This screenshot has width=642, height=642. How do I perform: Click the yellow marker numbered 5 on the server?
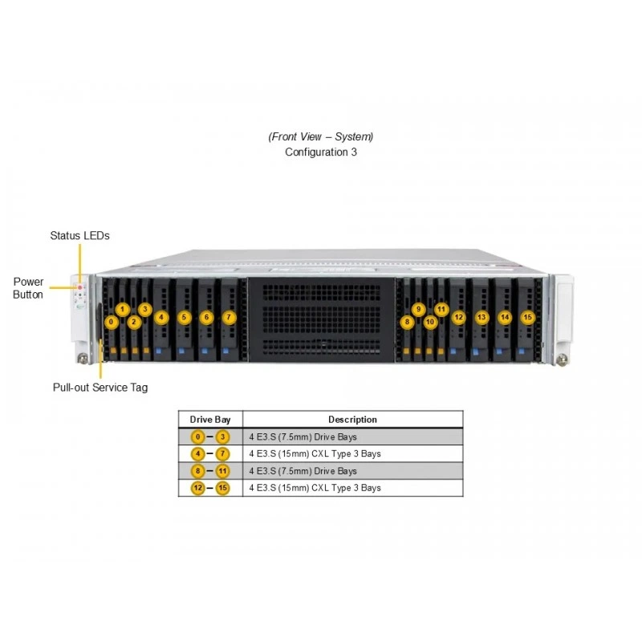pyautogui.click(x=185, y=317)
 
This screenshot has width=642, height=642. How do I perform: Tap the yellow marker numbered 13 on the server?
pyautogui.click(x=482, y=317)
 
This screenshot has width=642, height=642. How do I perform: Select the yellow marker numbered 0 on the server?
pyautogui.click(x=111, y=322)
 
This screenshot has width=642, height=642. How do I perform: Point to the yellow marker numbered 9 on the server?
pyautogui.click(x=418, y=309)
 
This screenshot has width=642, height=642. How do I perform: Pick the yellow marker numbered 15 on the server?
pyautogui.click(x=528, y=317)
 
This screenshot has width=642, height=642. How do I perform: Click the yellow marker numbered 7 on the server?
pyautogui.click(x=229, y=317)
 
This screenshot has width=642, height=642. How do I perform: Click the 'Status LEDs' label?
pyautogui.click(x=79, y=235)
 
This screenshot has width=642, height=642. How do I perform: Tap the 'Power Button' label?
pyautogui.click(x=28, y=288)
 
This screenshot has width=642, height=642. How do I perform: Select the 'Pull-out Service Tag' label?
pyautogui.click(x=100, y=388)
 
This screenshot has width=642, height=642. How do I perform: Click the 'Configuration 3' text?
pyautogui.click(x=321, y=152)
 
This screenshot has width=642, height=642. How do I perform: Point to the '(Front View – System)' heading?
pyautogui.click(x=321, y=136)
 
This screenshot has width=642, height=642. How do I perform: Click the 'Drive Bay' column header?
pyautogui.click(x=210, y=420)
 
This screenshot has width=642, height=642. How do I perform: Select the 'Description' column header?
pyautogui.click(x=352, y=420)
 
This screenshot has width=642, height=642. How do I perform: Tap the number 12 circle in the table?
pyautogui.click(x=197, y=488)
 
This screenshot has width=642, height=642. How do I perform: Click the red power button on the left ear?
pyautogui.click(x=79, y=288)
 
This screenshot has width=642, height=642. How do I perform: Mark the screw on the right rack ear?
pyautogui.click(x=562, y=360)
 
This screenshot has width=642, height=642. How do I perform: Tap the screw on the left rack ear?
pyautogui.click(x=83, y=358)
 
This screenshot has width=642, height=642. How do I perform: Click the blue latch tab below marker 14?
pyautogui.click(x=498, y=351)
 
